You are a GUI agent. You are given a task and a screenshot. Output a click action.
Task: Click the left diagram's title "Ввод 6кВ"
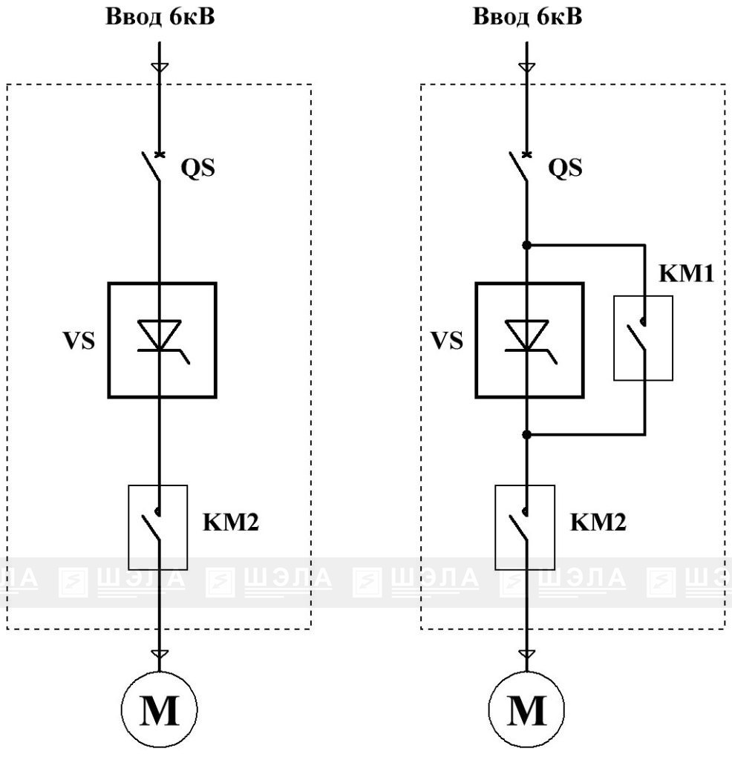(160, 17)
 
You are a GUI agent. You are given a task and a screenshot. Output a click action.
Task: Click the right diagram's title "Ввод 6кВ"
(527, 17)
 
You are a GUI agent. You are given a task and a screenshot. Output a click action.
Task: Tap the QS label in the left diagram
(197, 168)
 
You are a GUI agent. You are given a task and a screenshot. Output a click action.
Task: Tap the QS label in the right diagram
(565, 168)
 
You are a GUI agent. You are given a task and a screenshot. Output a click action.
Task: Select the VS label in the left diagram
(79, 340)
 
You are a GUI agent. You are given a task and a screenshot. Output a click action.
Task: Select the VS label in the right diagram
(447, 340)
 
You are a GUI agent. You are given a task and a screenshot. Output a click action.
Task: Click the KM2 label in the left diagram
(231, 522)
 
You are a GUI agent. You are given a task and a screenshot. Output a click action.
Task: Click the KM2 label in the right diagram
(598, 522)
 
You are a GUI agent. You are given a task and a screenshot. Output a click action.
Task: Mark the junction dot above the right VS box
(527, 245)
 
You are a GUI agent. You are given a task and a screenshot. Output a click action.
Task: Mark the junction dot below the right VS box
(527, 435)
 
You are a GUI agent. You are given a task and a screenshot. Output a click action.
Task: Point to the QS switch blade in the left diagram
(151, 167)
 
